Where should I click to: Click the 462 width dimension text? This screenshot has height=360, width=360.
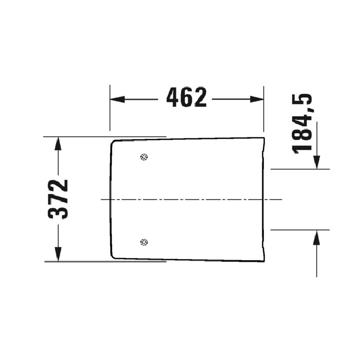[x=187, y=98]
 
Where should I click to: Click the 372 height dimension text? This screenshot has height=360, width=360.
[x=59, y=199]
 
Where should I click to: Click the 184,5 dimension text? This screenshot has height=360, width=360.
[x=303, y=124]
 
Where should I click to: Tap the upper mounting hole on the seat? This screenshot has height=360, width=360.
[x=145, y=157]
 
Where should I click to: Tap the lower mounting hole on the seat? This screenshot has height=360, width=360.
[x=145, y=242]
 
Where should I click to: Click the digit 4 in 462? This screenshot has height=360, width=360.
[x=173, y=98]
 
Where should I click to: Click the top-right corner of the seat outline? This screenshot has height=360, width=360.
[x=264, y=138]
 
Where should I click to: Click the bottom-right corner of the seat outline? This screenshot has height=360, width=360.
[x=264, y=260]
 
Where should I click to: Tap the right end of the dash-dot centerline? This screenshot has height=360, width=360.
[x=282, y=199]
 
